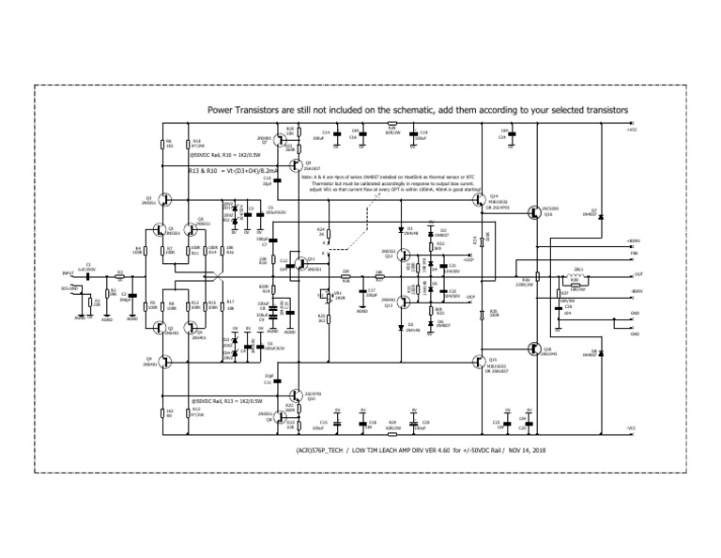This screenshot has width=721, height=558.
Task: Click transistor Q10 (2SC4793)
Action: (x=289, y=396)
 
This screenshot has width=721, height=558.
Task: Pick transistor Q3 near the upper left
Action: (x=163, y=199)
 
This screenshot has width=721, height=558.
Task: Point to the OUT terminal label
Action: (x=638, y=274)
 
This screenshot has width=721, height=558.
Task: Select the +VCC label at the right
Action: (x=632, y=131)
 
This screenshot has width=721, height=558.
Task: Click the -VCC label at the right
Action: (x=632, y=427)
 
